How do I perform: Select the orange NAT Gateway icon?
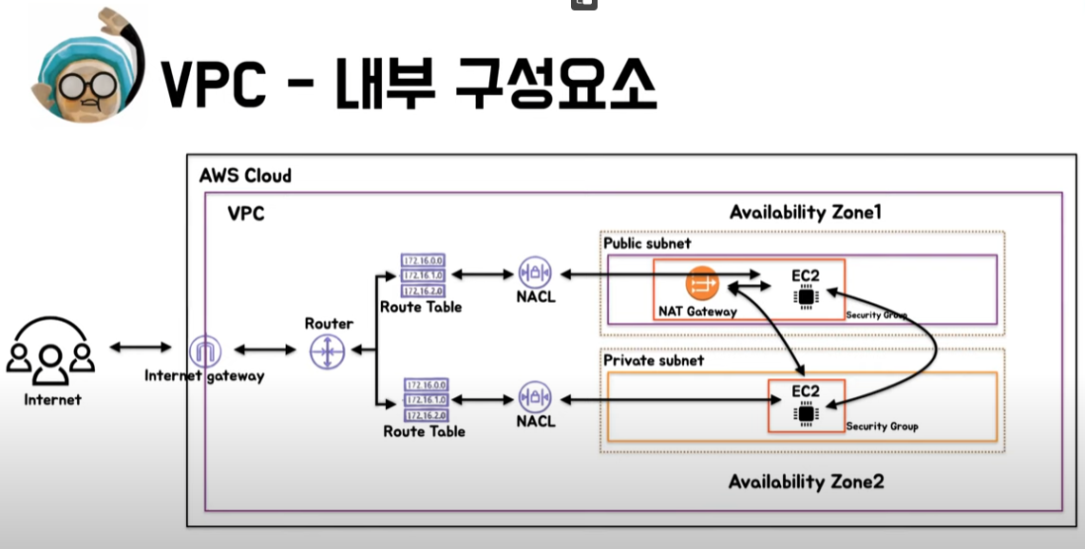coord(702,283)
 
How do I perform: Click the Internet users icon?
coord(50,355)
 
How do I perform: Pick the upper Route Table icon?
coord(423,276)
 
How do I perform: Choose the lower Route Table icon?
coord(426,400)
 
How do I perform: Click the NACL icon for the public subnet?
coord(535,274)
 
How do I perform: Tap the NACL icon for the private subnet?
coord(535,398)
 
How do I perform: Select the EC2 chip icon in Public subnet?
coord(806,296)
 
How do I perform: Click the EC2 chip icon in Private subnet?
coord(806,412)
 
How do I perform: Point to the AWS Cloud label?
coord(245,176)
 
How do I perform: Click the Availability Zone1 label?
coord(805,212)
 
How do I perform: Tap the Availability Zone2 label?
coord(806,482)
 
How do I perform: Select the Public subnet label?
coord(647,243)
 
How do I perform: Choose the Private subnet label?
coord(654,361)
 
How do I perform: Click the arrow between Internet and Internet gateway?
coord(141,348)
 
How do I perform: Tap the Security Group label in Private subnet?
coord(882,426)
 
